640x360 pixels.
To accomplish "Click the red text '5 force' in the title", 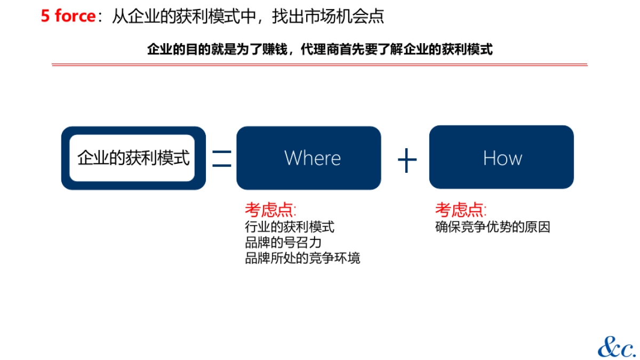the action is point(68,17).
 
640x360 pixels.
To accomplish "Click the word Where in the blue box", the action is point(313,158).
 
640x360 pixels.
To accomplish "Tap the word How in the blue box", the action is point(502,158).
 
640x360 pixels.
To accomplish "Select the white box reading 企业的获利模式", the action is point(133,158).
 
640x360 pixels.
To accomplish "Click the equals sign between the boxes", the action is point(221,158).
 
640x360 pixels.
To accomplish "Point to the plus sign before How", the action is point(407,159).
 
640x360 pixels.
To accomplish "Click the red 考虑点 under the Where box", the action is point(270,210).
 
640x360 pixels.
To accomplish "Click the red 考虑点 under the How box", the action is point(460,210).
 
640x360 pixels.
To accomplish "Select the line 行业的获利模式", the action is point(290,227).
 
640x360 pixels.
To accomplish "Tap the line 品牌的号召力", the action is point(283,243).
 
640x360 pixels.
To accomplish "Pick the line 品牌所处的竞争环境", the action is point(302,259).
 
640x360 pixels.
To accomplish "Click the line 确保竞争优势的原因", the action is point(492,227).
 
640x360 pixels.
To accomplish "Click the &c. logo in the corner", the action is point(616,347).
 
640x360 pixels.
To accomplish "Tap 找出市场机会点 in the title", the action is point(328,17).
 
